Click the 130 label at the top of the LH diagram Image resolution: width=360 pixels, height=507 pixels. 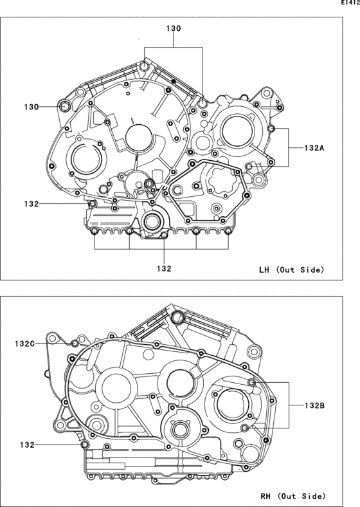[x=174, y=28]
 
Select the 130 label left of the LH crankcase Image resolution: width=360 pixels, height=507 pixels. [x=32, y=107]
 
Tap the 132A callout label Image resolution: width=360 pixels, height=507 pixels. [x=314, y=148]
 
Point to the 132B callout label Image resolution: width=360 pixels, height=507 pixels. [x=314, y=405]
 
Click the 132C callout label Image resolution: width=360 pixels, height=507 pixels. [x=24, y=344]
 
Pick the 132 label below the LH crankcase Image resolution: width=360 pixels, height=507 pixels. [x=164, y=268]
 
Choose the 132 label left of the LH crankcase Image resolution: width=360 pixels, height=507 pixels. [x=32, y=204]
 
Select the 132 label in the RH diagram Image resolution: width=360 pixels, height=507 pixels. [x=27, y=445]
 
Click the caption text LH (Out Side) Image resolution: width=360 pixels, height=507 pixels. [x=291, y=270]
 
